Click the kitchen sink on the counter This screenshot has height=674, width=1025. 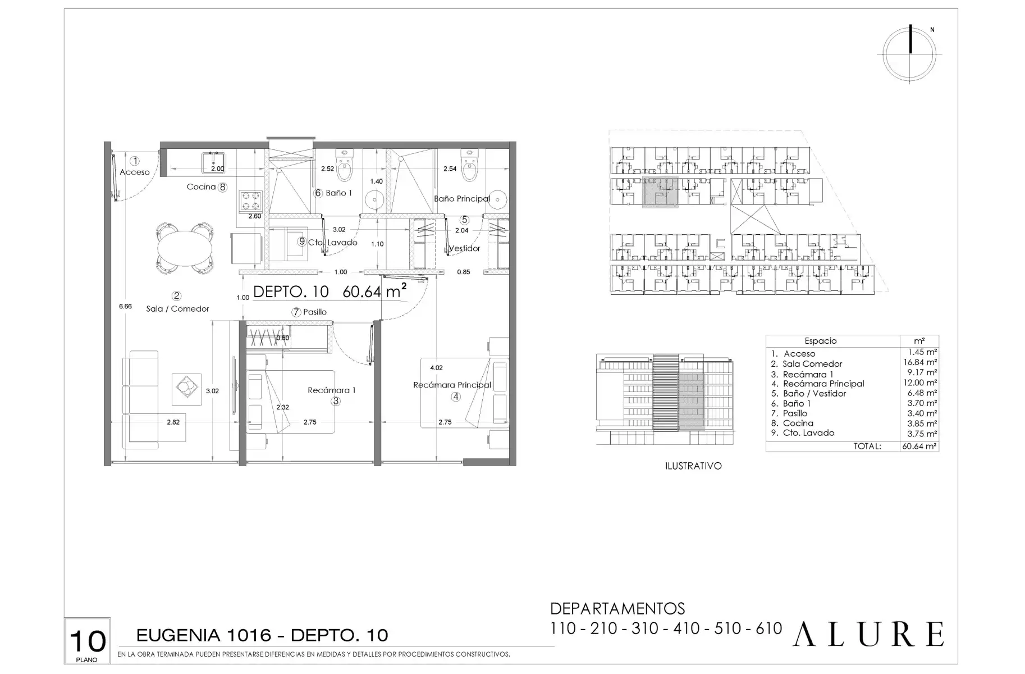[213, 162]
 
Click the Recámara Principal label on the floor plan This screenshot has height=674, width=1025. [452, 385]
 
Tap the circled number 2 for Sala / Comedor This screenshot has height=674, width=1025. [177, 295]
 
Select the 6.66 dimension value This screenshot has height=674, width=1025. [125, 306]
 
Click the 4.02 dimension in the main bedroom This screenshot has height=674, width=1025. [436, 368]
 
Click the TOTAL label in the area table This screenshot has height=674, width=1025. [867, 447]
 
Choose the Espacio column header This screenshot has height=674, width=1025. [820, 341]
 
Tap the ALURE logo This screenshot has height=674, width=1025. [868, 634]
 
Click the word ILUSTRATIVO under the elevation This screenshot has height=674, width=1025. [693, 466]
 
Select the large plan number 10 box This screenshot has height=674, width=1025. [88, 641]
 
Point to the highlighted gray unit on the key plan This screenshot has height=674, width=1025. [660, 192]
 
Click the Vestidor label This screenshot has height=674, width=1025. [464, 248]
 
